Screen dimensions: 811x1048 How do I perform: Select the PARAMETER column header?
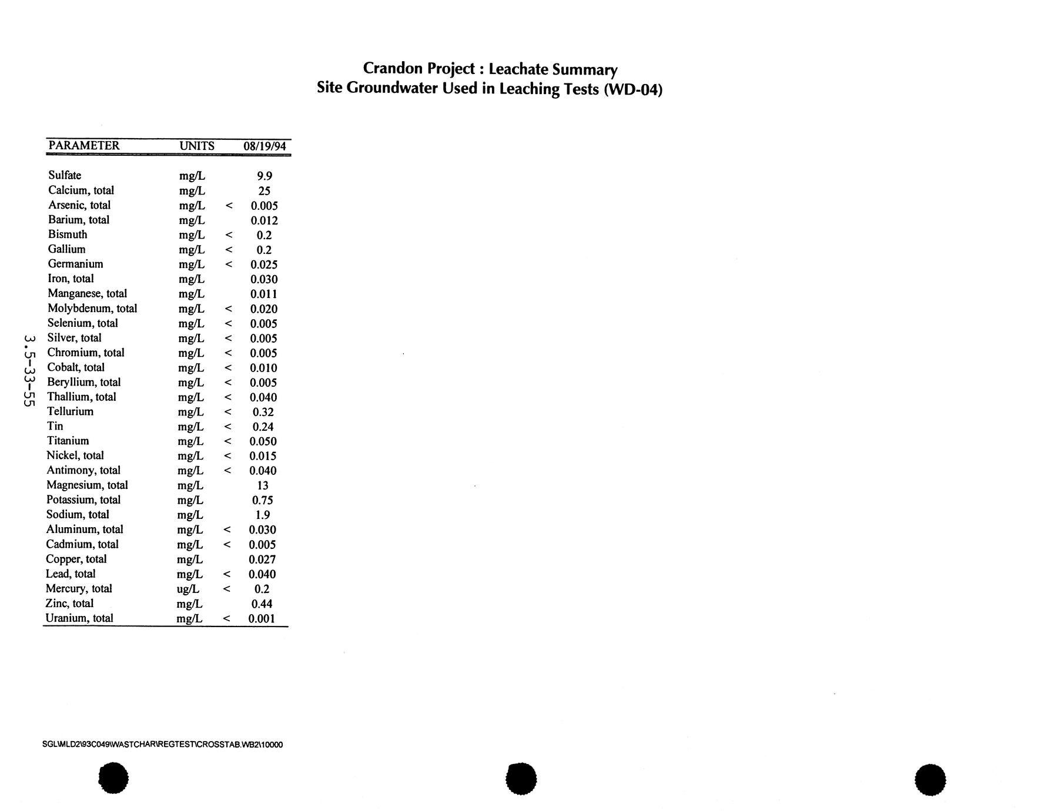[83, 146]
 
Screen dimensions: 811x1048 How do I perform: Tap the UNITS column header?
[197, 146]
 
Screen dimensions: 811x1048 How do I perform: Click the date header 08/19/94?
[264, 146]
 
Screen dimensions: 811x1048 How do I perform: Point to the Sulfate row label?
[65, 175]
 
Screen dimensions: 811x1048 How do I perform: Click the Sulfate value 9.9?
[264, 176]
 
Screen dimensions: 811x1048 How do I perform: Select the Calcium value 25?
[264, 190]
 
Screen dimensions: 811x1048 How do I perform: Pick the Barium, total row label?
[79, 220]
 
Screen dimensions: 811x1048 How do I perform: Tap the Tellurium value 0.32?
[263, 412]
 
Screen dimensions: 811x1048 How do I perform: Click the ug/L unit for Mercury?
[188, 589]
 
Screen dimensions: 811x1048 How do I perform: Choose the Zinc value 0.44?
[262, 604]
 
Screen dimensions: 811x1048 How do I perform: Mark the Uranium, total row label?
[79, 618]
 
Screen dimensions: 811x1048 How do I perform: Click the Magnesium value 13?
[263, 485]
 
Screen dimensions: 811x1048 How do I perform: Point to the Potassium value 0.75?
[262, 500]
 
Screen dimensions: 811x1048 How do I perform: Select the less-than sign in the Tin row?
[228, 427]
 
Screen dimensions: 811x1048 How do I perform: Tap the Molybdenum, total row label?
[92, 309]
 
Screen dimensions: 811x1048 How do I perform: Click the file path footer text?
[162, 745]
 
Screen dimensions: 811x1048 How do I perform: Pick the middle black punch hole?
[521, 779]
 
